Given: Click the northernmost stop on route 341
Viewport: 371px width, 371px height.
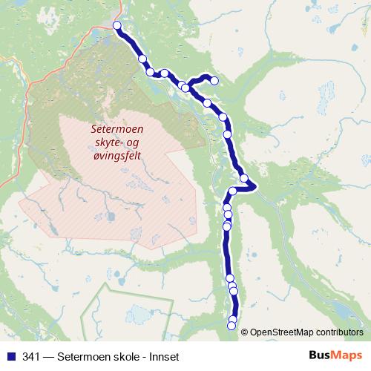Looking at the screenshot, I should click(x=116, y=26).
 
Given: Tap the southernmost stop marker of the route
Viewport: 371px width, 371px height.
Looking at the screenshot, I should click(x=232, y=326).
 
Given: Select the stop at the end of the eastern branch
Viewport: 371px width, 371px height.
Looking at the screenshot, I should click(x=214, y=80).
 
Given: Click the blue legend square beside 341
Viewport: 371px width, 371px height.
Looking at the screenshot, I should click(x=10, y=356).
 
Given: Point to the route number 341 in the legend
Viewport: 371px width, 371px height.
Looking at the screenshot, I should click(x=32, y=356).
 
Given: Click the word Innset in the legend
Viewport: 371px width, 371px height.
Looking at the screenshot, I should click(x=162, y=356).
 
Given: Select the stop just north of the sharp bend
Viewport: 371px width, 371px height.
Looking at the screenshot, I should click(x=244, y=178).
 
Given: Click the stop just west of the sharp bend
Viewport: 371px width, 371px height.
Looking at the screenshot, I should click(x=232, y=191).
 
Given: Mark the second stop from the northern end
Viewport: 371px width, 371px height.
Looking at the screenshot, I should click(x=142, y=59).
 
